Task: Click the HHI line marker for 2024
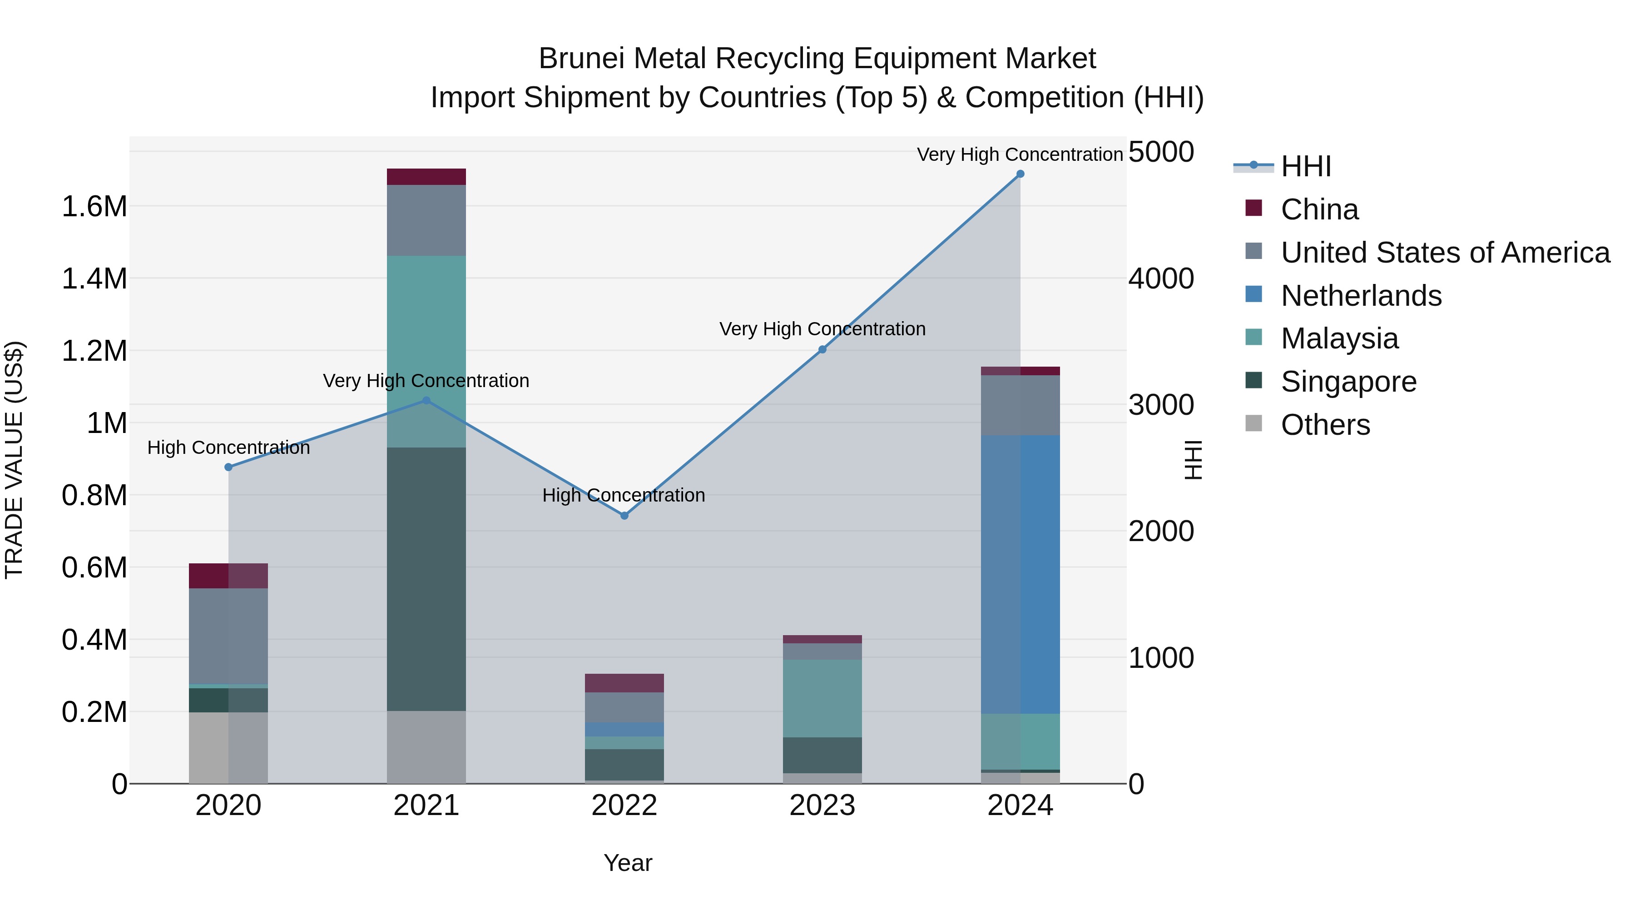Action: pos(1020,174)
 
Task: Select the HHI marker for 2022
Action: pos(624,516)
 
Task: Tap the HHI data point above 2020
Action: pos(228,467)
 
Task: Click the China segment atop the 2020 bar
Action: pos(228,576)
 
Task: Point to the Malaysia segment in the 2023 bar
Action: pos(822,698)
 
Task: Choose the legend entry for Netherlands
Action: pos(1361,296)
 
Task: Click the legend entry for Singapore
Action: pos(1348,382)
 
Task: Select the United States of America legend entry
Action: pos(1445,253)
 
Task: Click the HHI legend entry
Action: pos(1305,166)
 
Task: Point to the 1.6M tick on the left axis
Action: pos(94,207)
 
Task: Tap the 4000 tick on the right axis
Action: pos(1161,279)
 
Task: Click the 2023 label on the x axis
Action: pos(822,806)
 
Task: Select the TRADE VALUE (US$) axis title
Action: pos(14,460)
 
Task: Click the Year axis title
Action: pos(628,863)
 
